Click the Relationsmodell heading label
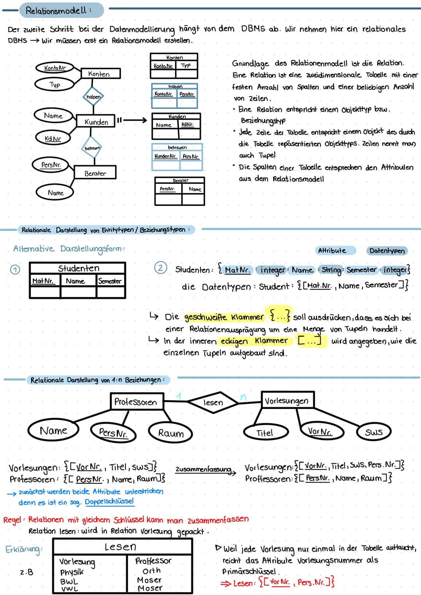(x=58, y=11)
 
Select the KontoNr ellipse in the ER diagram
(x=55, y=68)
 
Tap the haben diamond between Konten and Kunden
(x=93, y=97)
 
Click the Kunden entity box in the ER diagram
(x=96, y=122)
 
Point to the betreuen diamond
(x=92, y=148)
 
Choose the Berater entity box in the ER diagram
(x=95, y=173)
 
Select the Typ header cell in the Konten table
(x=186, y=66)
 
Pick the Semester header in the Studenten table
(x=110, y=281)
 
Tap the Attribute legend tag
(x=332, y=250)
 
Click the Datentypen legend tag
(x=387, y=250)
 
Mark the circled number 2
(x=161, y=268)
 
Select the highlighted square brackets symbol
(x=310, y=341)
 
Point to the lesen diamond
(x=213, y=402)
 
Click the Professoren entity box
(x=136, y=401)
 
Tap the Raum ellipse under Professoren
(x=171, y=433)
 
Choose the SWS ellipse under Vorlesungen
(x=373, y=432)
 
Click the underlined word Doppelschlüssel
(x=109, y=501)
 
